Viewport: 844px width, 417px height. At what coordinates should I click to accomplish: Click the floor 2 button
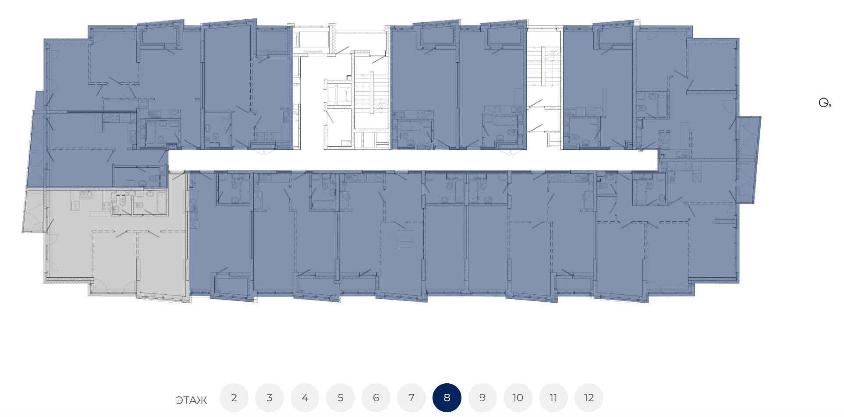tap(234, 398)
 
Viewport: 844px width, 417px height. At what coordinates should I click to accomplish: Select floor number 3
tap(270, 398)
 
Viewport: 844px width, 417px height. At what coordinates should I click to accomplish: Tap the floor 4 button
tap(305, 398)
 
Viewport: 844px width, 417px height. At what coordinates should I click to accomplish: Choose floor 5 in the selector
tap(340, 398)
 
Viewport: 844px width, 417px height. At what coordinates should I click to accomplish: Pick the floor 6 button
tap(376, 398)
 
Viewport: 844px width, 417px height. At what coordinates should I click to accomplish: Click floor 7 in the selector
tap(411, 398)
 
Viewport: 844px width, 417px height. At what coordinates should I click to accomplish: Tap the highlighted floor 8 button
tap(447, 398)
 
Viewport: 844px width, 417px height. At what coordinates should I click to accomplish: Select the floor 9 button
tap(482, 398)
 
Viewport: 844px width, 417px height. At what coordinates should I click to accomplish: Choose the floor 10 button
tap(518, 398)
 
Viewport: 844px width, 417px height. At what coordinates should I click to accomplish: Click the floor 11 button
tap(553, 398)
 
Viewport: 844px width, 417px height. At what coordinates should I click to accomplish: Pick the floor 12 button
tap(589, 398)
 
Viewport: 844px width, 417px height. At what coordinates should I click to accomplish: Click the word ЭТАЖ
tap(191, 400)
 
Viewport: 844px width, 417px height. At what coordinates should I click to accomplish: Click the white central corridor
tap(412, 160)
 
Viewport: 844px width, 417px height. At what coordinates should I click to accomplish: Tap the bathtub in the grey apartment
tap(161, 203)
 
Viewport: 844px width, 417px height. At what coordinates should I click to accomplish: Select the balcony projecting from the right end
tap(748, 160)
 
